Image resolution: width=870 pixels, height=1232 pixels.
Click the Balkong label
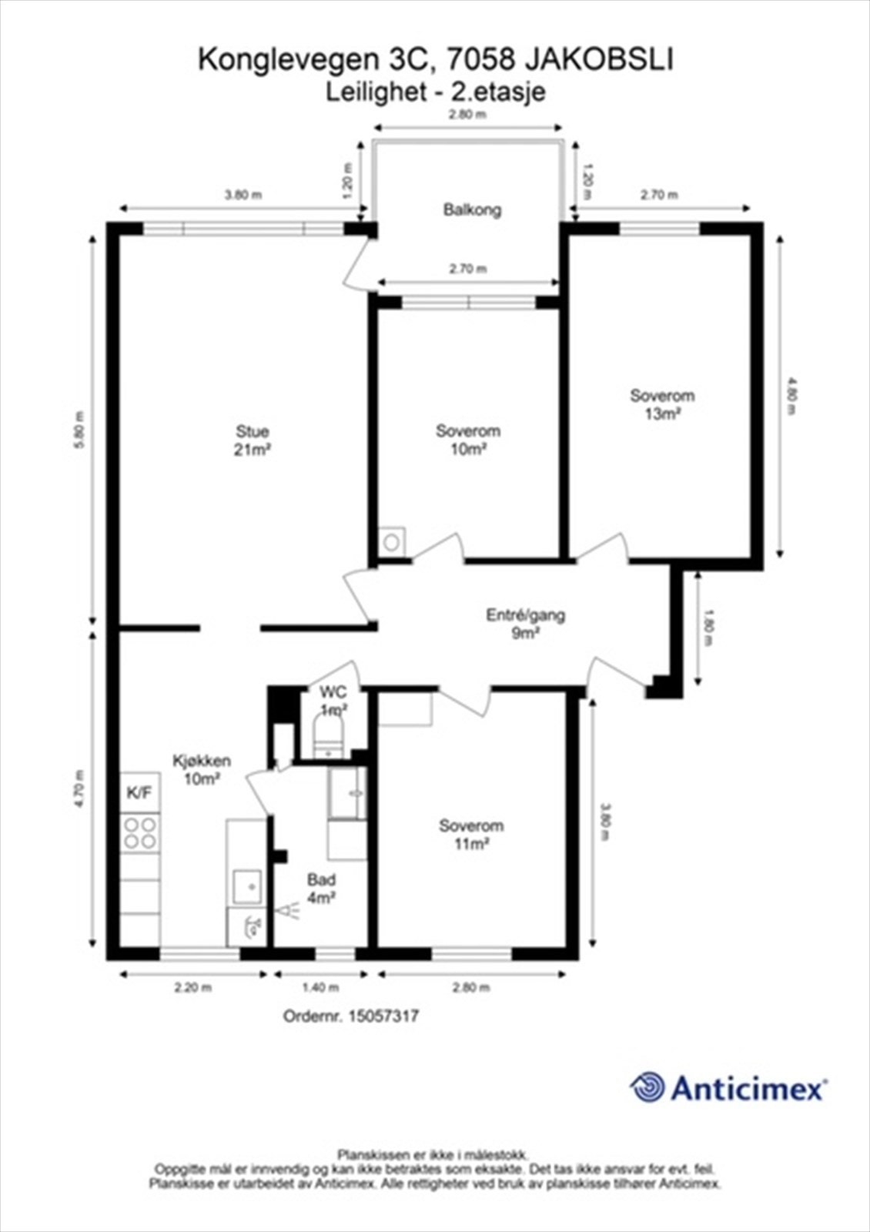coord(473,210)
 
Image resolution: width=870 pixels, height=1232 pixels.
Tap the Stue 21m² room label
coord(253,440)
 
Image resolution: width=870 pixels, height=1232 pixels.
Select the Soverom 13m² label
coord(662,403)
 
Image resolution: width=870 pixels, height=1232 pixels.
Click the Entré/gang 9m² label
coord(525,624)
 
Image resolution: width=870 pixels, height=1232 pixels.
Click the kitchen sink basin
coord(247,886)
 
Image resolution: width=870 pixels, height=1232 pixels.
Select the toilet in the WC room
coord(328,736)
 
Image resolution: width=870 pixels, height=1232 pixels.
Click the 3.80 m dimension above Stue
coord(244,194)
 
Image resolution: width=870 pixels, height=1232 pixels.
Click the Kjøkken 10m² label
coord(202,770)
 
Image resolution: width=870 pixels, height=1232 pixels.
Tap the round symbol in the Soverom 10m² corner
coord(392,542)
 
